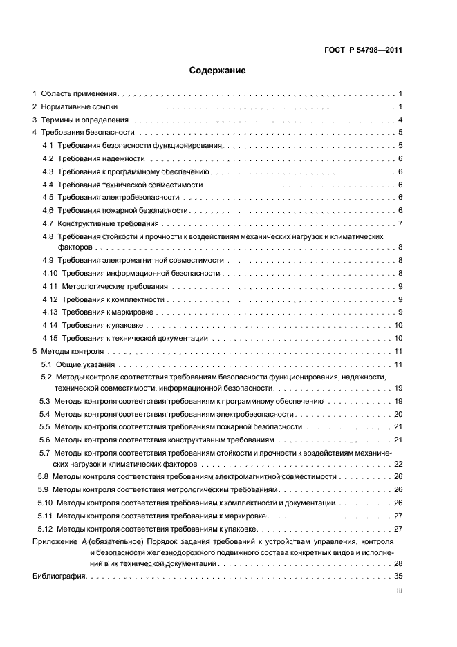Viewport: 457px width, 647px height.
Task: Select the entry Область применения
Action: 80,93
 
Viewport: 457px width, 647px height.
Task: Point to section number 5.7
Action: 45,452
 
